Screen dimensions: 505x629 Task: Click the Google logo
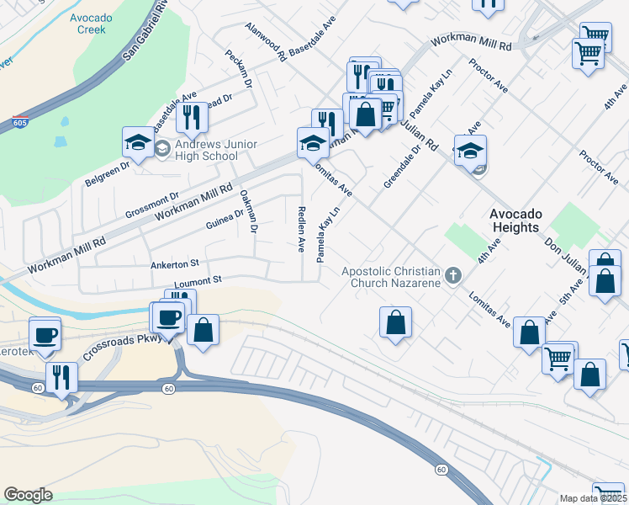click(x=28, y=495)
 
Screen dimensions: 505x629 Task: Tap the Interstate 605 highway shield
click(x=20, y=123)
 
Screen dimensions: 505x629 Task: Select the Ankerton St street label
click(x=174, y=264)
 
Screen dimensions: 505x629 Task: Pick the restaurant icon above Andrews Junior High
click(x=193, y=119)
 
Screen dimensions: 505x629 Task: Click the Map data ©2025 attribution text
click(x=594, y=498)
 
